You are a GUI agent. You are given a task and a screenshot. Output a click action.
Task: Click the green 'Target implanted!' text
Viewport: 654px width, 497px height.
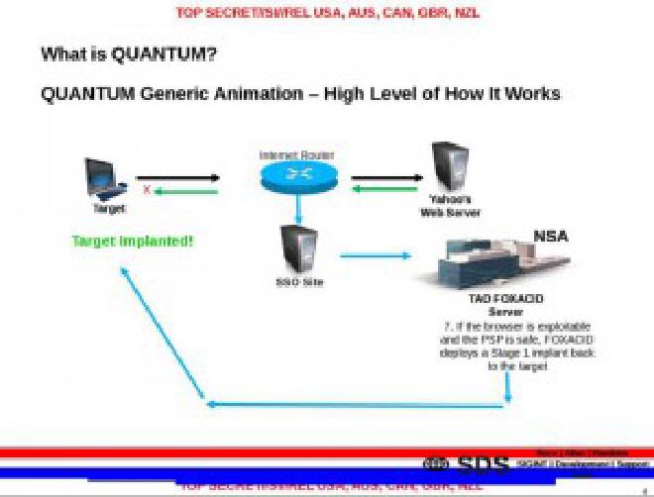tap(133, 241)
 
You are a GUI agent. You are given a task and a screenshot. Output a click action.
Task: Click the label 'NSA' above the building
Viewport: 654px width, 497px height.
tap(551, 236)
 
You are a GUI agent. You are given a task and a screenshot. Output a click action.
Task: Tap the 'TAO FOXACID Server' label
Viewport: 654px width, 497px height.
tap(505, 304)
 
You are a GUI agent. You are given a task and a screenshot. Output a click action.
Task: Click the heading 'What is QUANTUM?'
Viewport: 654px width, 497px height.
tap(129, 54)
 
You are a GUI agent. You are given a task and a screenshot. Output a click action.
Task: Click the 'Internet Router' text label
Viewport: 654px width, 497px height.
tap(297, 155)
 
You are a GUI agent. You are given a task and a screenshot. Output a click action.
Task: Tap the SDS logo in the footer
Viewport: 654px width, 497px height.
tap(467, 464)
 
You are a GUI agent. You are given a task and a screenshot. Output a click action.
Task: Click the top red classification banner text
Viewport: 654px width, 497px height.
tap(327, 13)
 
